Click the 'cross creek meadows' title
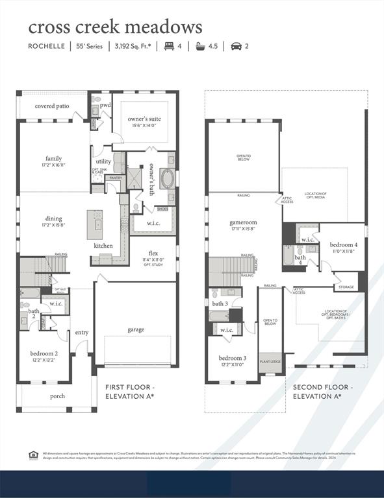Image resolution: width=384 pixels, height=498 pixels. click(114, 27)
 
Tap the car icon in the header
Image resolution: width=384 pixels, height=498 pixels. click(236, 46)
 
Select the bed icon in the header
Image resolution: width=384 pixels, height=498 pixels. click(169, 46)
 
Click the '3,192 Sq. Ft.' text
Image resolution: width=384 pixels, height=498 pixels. click(134, 46)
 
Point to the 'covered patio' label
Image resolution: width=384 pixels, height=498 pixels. click(52, 106)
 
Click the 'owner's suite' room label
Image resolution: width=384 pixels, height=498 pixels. click(144, 119)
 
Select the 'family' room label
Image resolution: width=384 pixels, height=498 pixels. click(54, 158)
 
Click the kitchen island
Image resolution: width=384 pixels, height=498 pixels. click(95, 224)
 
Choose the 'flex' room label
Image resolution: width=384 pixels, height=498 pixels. click(153, 253)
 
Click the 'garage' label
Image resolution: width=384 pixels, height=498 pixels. click(136, 329)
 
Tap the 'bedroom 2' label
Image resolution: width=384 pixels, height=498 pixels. click(44, 353)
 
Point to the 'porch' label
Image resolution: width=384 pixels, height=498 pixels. click(58, 396)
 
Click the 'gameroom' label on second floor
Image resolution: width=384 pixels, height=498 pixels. click(243, 222)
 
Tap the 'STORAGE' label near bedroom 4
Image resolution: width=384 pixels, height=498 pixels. click(346, 286)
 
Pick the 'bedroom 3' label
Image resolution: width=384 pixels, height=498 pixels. click(232, 358)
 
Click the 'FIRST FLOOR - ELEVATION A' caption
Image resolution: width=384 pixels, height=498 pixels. click(130, 391)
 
